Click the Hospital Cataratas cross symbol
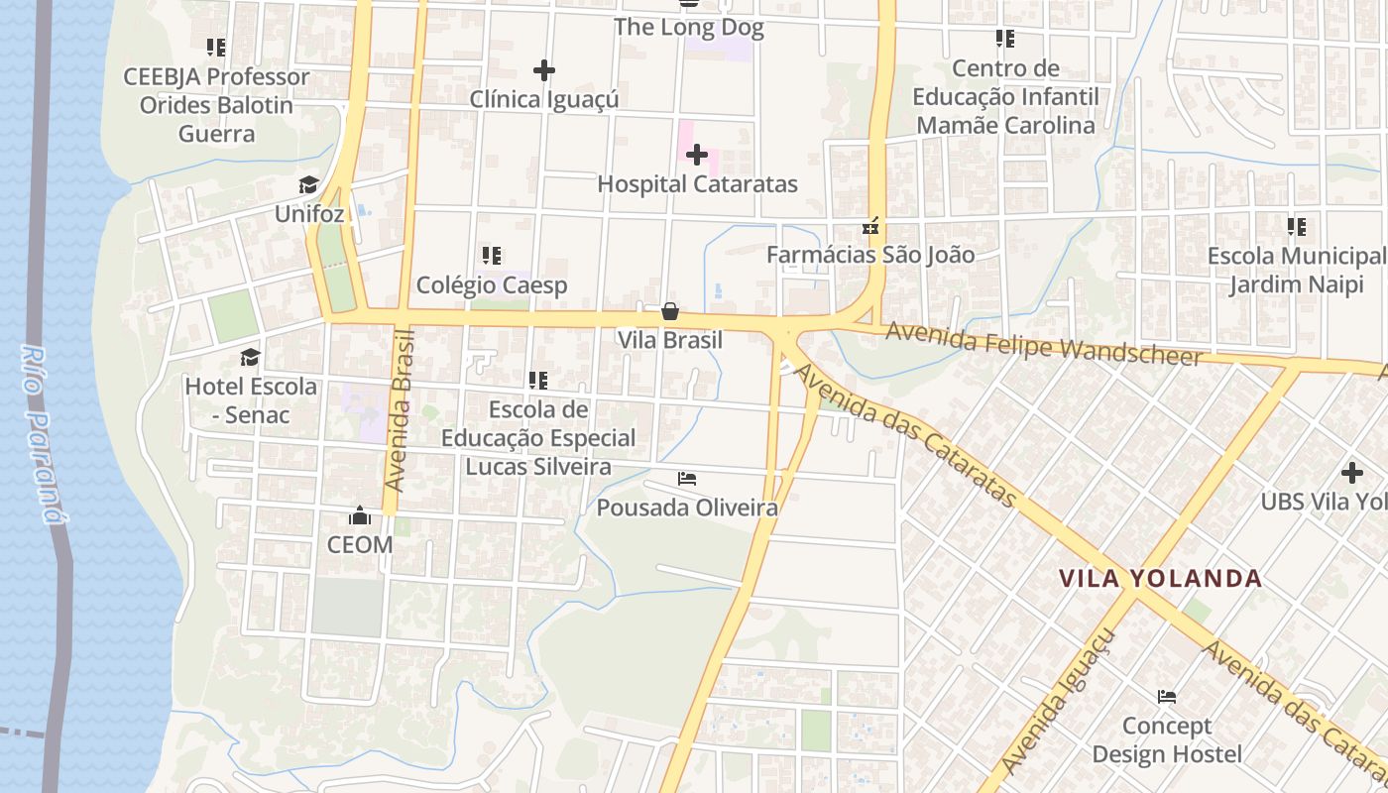[x=697, y=155]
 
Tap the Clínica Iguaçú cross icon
[x=543, y=70]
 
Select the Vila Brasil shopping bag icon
[x=670, y=311]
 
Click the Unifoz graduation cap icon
[x=308, y=185]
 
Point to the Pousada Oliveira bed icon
[x=687, y=480]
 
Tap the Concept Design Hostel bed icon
[x=1167, y=697]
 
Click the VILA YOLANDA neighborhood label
[x=1160, y=578]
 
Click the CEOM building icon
[x=359, y=515]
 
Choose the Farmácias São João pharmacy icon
[x=871, y=226]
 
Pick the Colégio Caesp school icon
[x=491, y=256]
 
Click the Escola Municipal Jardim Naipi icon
[x=1296, y=227]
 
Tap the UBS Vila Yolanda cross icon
[x=1351, y=473]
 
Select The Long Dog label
[x=688, y=27]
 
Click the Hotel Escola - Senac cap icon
[x=250, y=357]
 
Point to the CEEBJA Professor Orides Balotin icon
[x=216, y=47]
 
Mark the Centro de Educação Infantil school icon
[x=1005, y=39]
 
